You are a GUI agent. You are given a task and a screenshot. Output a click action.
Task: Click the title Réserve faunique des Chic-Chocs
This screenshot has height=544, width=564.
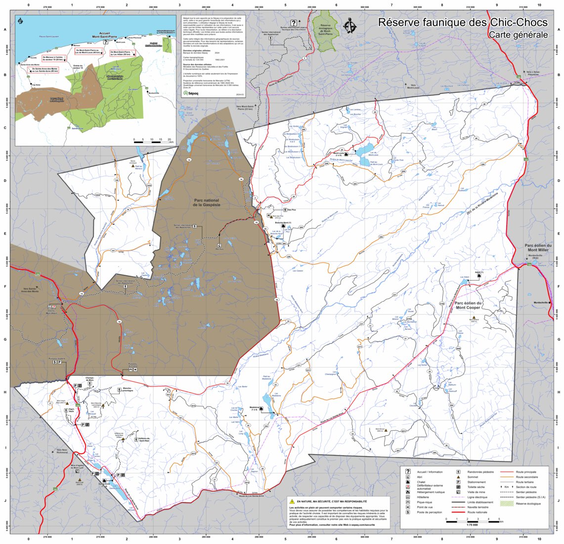[463, 23]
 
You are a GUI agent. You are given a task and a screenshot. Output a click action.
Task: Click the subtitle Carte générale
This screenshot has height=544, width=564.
[518, 35]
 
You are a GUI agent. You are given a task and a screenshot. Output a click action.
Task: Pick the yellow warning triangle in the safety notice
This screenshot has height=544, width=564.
[292, 501]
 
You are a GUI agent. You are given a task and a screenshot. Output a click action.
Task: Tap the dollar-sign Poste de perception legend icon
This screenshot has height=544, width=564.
[408, 512]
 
